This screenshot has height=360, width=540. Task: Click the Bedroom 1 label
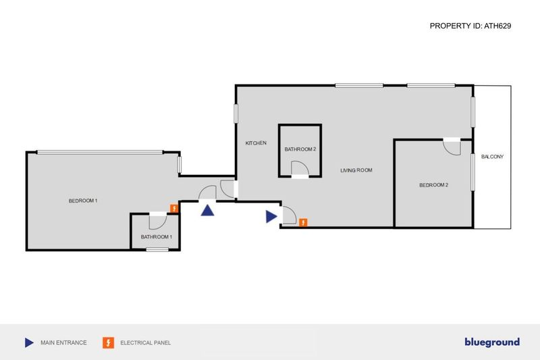(x=83, y=201)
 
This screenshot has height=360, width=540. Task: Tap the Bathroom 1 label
(x=157, y=237)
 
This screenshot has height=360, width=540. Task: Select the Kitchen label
(x=256, y=143)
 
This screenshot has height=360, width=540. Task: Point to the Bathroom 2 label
(x=300, y=149)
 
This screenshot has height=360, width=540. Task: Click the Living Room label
(x=356, y=170)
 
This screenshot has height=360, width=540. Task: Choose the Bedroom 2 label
(x=434, y=185)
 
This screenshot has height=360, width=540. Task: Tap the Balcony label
(x=493, y=157)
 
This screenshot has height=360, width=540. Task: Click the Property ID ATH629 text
(x=470, y=26)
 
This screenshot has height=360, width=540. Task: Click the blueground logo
(x=492, y=342)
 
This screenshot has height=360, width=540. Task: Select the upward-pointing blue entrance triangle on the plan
(x=207, y=211)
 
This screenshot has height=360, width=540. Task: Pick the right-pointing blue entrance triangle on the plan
(x=271, y=217)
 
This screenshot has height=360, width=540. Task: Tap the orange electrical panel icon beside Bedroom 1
(x=174, y=209)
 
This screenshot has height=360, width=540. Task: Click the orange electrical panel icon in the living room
(x=303, y=222)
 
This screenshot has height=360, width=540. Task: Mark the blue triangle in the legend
(x=29, y=342)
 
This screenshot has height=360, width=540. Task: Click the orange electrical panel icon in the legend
(x=109, y=342)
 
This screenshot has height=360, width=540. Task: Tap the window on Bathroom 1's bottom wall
(x=157, y=249)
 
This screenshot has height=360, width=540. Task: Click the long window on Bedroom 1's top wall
(x=100, y=152)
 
